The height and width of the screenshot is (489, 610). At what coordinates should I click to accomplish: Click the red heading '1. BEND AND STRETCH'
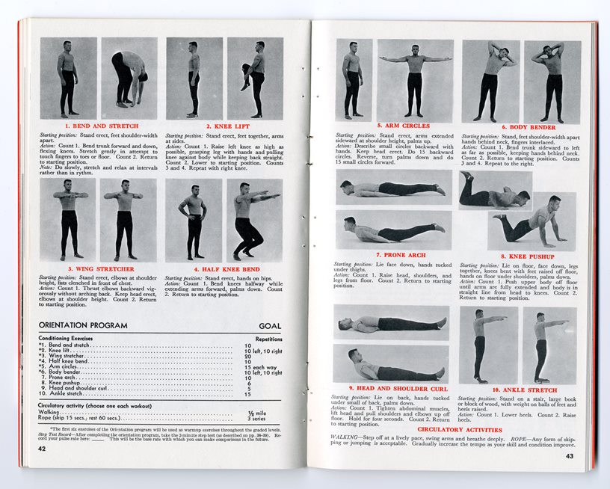click(101, 126)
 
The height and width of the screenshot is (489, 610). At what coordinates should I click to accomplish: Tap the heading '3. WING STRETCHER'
click(100, 268)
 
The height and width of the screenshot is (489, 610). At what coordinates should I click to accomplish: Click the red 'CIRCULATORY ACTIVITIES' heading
click(459, 430)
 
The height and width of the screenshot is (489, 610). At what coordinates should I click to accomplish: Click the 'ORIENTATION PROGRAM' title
click(83, 326)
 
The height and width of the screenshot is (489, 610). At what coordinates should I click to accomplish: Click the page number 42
click(43, 448)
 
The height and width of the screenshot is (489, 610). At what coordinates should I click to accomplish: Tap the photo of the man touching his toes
click(129, 78)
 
